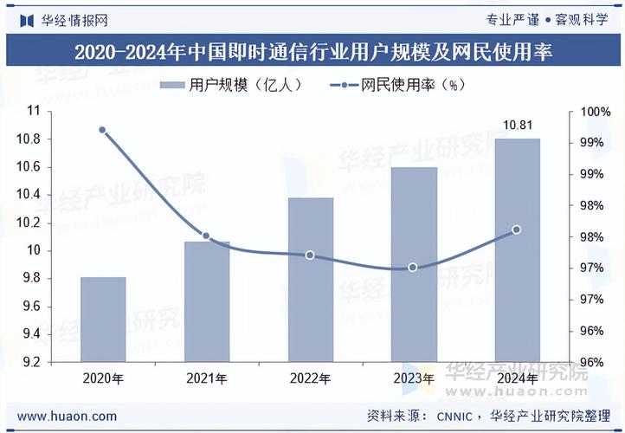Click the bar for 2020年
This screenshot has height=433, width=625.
(x=103, y=320)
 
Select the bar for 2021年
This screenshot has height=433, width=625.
(x=207, y=301)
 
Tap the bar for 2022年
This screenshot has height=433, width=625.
(x=310, y=280)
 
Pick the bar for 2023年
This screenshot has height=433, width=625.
(x=414, y=264)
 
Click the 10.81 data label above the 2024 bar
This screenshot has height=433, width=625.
(x=517, y=126)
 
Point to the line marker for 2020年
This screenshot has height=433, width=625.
(x=102, y=130)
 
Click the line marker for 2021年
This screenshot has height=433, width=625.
(x=206, y=236)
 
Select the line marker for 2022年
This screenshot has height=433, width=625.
(x=310, y=255)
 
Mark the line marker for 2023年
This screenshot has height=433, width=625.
(x=413, y=268)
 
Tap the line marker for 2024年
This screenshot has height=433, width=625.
(x=517, y=229)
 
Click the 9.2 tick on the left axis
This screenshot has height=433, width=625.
(x=32, y=362)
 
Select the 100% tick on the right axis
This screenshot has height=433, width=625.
(x=592, y=112)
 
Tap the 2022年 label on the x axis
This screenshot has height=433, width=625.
(x=310, y=379)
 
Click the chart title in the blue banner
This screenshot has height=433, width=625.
(x=312, y=52)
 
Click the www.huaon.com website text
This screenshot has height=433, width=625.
(x=67, y=417)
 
